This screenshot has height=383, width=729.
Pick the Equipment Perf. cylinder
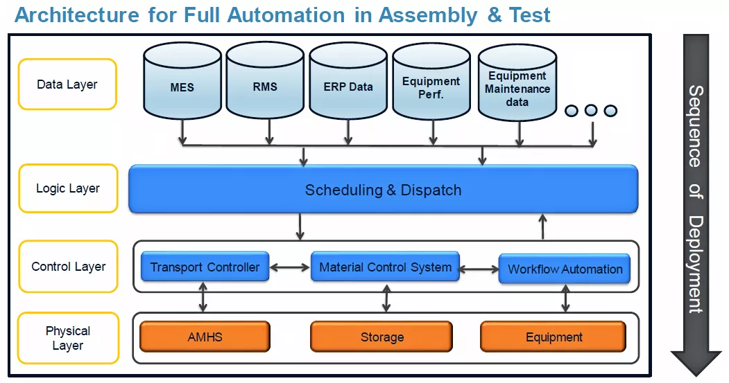[431, 84]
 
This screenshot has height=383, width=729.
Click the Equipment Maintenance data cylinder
[517, 86]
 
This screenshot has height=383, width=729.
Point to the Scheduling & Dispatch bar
[383, 189]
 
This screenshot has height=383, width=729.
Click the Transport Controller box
[205, 267]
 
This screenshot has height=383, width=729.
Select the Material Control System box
[385, 267]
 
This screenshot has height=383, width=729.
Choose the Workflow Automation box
[565, 269]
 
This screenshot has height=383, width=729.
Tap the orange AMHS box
[205, 337]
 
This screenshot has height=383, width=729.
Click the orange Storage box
[381, 337]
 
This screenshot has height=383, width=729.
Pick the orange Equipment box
[554, 337]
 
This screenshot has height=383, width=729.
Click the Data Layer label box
[67, 84]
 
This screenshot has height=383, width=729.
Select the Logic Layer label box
[68, 188]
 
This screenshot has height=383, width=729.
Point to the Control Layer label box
[68, 267]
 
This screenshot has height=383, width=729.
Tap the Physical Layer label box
[68, 338]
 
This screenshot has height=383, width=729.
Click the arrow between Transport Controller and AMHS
[203, 296]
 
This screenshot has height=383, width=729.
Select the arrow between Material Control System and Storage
[386, 296]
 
